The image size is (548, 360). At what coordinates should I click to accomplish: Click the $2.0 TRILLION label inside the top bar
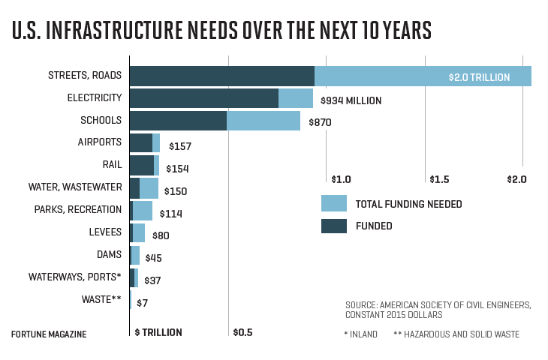pos(479,76)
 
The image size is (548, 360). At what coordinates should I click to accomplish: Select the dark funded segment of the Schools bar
pos(178,121)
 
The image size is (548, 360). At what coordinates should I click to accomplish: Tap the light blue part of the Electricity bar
pos(296,98)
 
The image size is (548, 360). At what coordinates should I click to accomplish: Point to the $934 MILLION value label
pos(351,100)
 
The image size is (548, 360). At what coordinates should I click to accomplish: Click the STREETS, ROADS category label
pos(85,76)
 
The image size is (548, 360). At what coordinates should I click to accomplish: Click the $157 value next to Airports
pos(180,146)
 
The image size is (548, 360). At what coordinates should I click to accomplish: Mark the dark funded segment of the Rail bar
pos(141,165)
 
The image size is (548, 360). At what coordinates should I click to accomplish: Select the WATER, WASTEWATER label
pos(75,187)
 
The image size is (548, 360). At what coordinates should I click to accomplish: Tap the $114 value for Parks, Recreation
pos(170,214)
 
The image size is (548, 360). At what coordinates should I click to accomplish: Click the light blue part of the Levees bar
pos(139,232)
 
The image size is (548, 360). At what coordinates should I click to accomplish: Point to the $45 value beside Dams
pos(153,258)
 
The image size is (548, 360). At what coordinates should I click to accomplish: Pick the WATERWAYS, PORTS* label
pos(75,277)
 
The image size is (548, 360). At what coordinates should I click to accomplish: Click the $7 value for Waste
pos(142,303)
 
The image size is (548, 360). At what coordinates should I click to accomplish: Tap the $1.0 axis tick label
pos(341,179)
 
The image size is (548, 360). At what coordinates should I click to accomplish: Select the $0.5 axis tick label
pos(242,332)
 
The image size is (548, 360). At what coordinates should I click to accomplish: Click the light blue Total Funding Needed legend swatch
pos(333,203)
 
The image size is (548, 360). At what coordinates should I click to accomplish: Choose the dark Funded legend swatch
pos(333,226)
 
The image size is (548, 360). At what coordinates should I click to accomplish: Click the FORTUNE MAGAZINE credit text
pos(49,334)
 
